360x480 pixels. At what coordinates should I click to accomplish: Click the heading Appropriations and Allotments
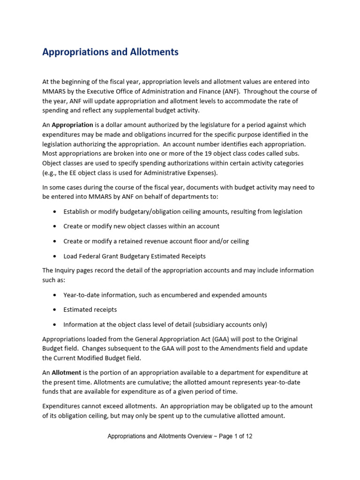coord(110,52)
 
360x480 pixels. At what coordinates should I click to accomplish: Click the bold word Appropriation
coord(73,125)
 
